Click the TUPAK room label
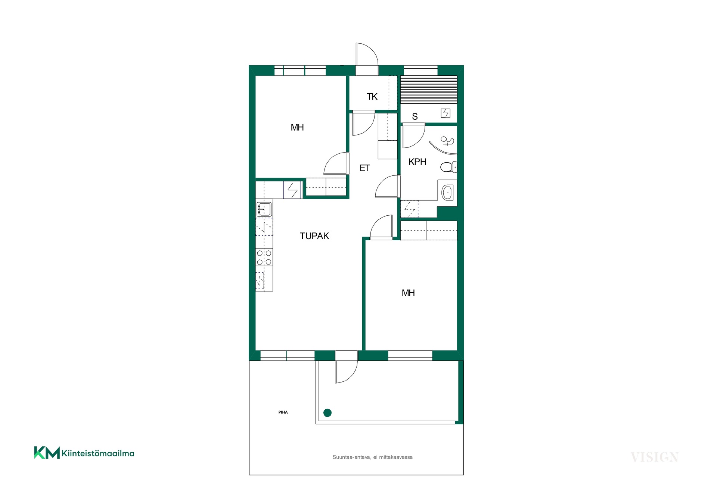coord(314,236)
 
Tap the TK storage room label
coord(372,97)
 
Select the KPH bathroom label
coord(417,162)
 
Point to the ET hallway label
coord(364,168)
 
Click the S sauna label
coord(415,116)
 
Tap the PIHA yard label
coord(283,412)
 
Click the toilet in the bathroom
coord(448,167)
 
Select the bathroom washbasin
coord(447,193)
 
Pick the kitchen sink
coord(264,209)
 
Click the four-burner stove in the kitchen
coord(264,257)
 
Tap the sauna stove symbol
coord(446,113)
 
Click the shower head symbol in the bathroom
coord(447,141)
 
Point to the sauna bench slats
coord(429,90)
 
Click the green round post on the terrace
coord(328,413)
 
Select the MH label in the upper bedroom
coord(297,128)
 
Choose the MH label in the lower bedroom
coord(408,293)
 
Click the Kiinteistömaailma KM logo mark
coord(47,453)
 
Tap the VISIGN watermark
coord(655,457)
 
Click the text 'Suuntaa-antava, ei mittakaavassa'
coord(373,457)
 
